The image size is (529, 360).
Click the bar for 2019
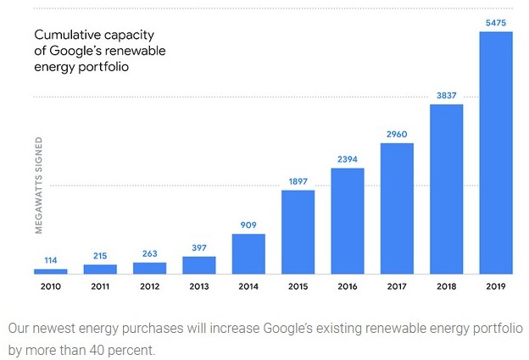pyautogui.click(x=496, y=152)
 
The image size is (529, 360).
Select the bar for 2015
pyautogui.click(x=298, y=231)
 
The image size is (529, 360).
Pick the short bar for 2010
pyautogui.click(x=50, y=271)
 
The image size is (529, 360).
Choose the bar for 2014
pyautogui.click(x=248, y=253)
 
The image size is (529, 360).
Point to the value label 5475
pyautogui.click(x=496, y=23)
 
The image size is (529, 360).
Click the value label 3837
pyautogui.click(x=447, y=96)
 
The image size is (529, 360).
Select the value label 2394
pyautogui.click(x=348, y=159)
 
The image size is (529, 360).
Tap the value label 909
pyautogui.click(x=248, y=224)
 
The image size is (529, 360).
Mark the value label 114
pyautogui.click(x=50, y=260)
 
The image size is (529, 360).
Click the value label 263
pyautogui.click(x=149, y=253)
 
